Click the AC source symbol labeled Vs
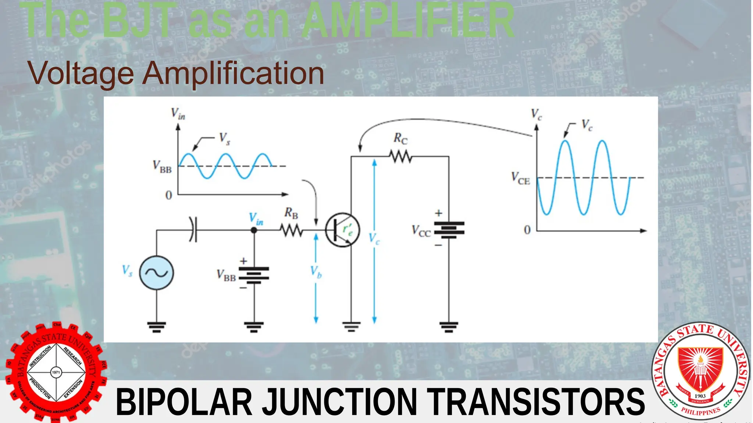156,273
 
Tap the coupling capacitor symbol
193,230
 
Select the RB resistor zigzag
291,231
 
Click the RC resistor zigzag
401,157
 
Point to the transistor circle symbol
342,230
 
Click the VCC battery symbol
449,230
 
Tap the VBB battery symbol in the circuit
254,275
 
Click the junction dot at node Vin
254,230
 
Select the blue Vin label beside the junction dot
256,219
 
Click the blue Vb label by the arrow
316,272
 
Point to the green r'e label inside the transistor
347,230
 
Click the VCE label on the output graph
521,178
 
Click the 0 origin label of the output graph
527,230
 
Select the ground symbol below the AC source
157,326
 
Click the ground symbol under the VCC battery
449,326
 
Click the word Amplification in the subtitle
233,73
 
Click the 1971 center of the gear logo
56,372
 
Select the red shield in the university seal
700,369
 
